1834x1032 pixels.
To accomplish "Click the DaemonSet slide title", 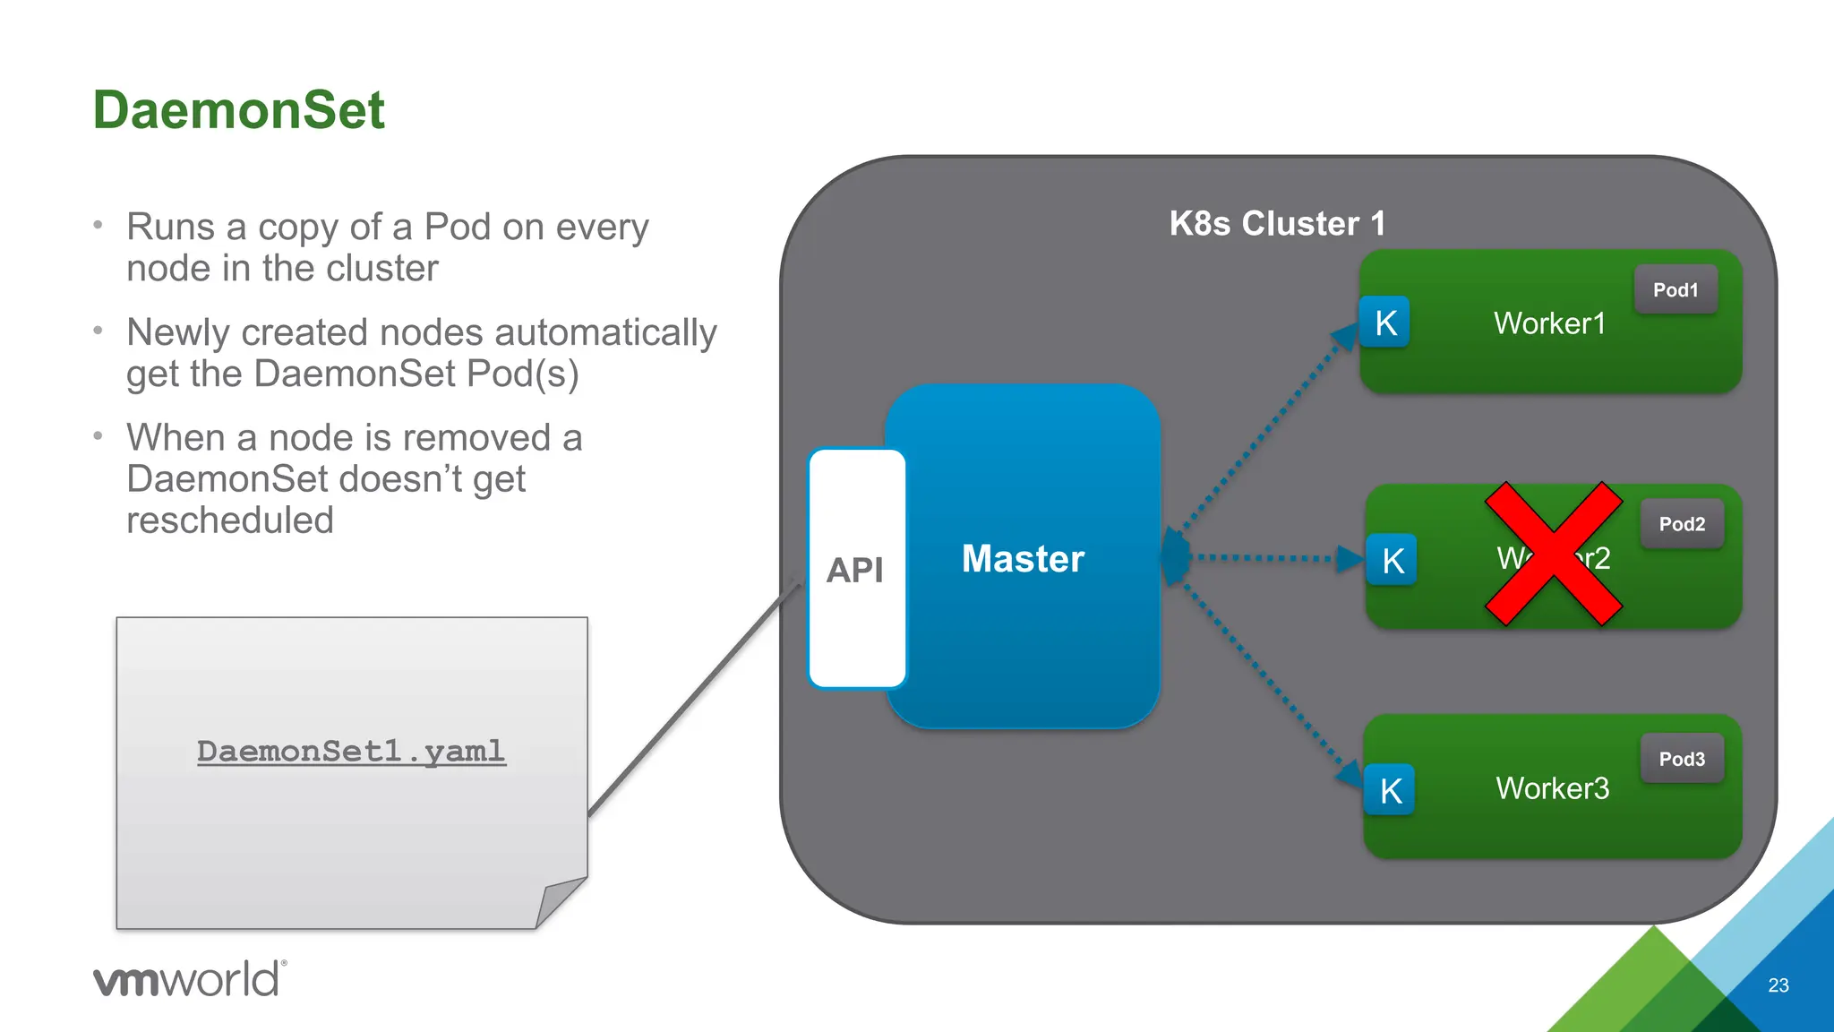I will point(238,110).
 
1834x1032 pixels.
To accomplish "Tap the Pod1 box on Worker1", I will point(1675,289).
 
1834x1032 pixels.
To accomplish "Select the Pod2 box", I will point(1682,524).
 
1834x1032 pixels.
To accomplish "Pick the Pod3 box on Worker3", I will point(1682,759).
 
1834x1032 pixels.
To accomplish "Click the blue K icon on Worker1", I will point(1384,322).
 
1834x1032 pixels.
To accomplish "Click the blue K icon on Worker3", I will point(1390,790).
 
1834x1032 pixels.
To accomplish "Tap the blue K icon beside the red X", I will point(1392,561).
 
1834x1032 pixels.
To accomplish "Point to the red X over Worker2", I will point(1554,554).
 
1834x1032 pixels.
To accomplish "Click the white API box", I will point(857,569).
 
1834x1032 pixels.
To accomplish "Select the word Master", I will point(1023,558).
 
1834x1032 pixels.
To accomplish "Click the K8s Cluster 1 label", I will point(1277,223).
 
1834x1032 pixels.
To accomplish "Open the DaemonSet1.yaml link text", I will point(351,751).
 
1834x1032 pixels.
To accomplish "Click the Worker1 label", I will point(1549,322).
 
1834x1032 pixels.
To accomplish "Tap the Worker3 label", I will point(1552,788).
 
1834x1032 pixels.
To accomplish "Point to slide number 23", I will point(1778,985).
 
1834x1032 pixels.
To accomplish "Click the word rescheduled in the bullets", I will point(230,520).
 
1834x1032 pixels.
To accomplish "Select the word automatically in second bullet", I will point(605,332).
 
